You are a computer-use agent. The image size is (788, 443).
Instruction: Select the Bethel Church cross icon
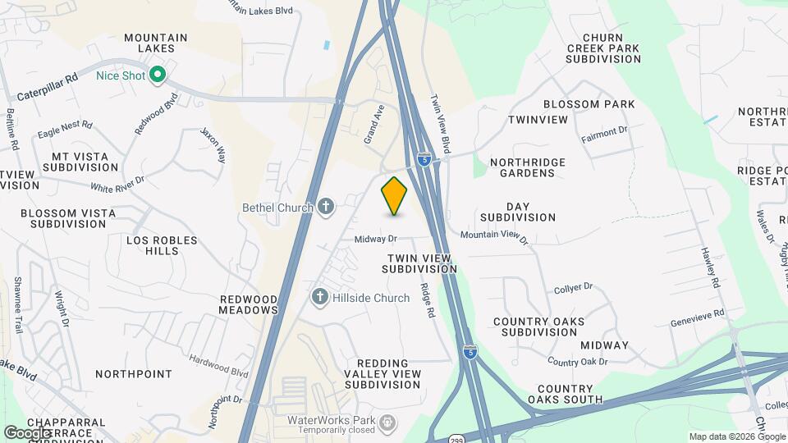326,207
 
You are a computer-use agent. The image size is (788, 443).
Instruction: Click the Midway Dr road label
376,240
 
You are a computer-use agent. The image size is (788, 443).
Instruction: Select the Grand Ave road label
375,123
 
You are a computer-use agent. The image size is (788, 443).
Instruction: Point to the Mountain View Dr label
494,235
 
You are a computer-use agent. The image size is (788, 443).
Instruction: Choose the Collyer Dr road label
573,287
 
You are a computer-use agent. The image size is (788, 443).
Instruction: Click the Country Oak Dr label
577,362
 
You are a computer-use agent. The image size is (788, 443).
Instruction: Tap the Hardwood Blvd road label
218,366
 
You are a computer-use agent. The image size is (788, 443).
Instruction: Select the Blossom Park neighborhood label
589,104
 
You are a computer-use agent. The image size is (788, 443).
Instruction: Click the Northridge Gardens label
528,167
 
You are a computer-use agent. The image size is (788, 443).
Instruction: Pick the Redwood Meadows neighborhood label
249,304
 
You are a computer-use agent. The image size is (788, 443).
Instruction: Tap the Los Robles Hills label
162,246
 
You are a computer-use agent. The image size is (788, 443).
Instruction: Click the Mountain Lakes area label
156,43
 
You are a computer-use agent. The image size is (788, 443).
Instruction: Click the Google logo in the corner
28,432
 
